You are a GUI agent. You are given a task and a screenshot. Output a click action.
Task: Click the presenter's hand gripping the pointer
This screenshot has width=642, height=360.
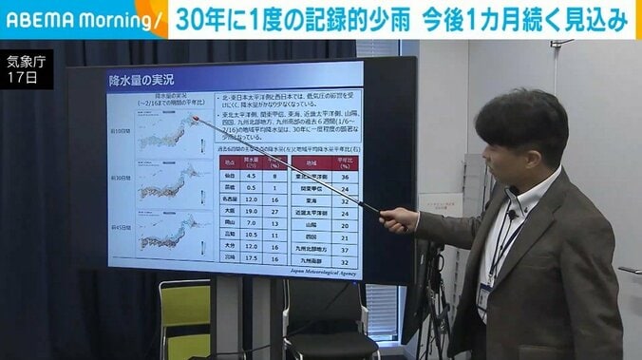click(x=399, y=219)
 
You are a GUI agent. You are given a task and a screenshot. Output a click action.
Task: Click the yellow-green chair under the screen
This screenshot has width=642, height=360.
click(x=184, y=313)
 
